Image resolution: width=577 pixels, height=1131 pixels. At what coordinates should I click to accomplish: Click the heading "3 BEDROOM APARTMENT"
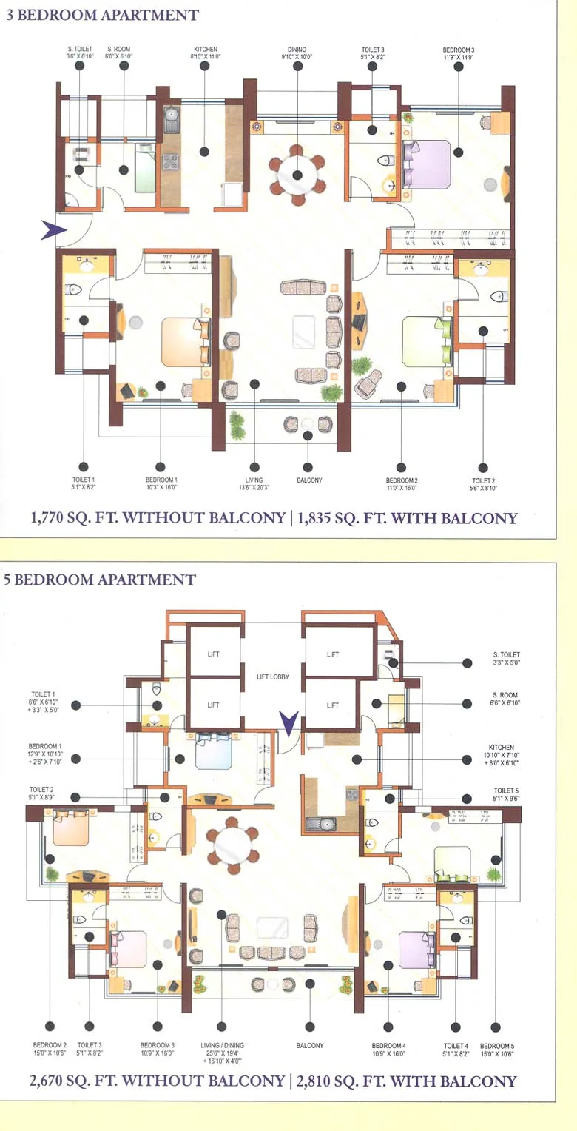click(102, 15)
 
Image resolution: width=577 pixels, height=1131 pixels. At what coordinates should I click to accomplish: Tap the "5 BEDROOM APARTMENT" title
click(100, 580)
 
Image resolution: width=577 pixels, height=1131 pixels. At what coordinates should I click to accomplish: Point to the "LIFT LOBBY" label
click(272, 677)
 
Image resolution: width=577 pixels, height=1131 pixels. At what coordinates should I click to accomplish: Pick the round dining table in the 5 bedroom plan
click(232, 843)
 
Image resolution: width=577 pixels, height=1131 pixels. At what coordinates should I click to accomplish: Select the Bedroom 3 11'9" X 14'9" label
click(459, 54)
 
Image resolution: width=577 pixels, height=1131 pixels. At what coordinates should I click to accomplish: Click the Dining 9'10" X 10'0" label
click(297, 54)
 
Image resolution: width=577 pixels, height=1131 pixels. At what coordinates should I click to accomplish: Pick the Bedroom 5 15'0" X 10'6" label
click(496, 1050)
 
